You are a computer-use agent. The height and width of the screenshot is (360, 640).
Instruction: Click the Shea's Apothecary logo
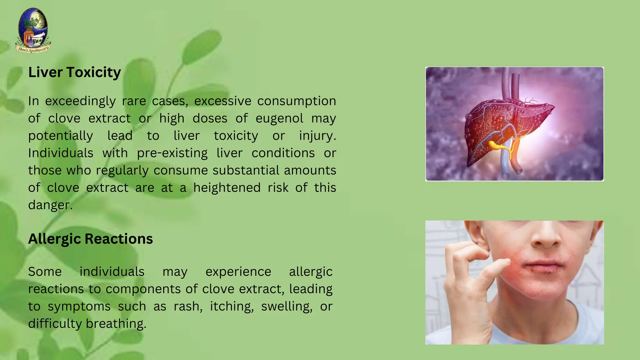click(33, 31)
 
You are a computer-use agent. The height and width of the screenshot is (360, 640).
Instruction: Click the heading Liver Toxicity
click(74, 72)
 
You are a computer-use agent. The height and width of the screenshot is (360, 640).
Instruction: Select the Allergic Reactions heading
click(90, 239)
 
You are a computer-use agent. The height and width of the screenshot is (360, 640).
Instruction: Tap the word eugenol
click(279, 118)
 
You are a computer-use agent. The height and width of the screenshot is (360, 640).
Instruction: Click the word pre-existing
click(172, 153)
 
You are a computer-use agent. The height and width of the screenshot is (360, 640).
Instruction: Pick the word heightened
click(227, 188)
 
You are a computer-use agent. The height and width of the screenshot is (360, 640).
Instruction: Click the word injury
click(317, 136)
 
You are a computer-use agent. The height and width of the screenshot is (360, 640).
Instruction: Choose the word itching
click(231, 307)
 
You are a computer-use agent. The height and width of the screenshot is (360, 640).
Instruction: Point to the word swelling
click(286, 307)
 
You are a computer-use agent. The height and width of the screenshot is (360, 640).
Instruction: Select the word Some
click(45, 272)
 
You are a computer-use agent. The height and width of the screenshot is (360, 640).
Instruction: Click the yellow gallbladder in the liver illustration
click(494, 145)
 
